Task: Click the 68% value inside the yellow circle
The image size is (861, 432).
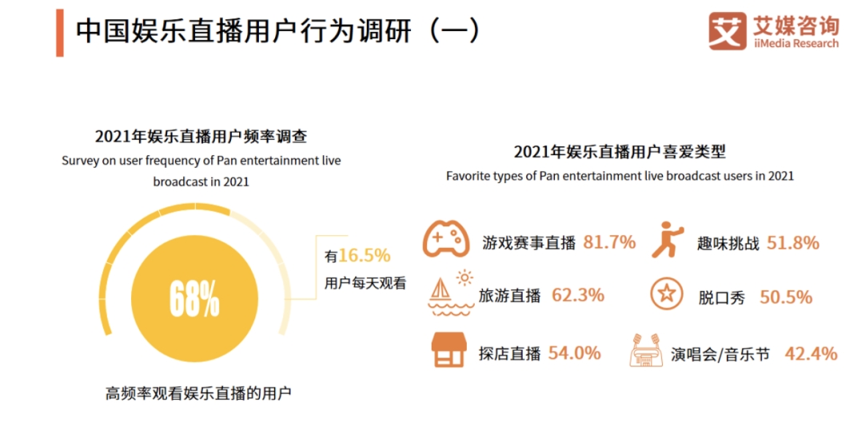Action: tap(194, 298)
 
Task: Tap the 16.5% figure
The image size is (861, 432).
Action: tap(364, 256)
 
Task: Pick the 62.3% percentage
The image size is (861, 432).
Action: tap(578, 295)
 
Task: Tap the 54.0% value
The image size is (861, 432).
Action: tap(574, 353)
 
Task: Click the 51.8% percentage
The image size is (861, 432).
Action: tap(793, 243)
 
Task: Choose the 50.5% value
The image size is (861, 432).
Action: tap(786, 297)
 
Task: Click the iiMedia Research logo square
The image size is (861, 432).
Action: tap(727, 31)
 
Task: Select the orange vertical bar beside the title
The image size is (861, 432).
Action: tap(60, 32)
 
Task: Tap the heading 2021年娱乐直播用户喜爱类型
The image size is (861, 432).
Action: tap(620, 152)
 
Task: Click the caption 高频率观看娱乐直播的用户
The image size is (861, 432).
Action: tap(198, 394)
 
